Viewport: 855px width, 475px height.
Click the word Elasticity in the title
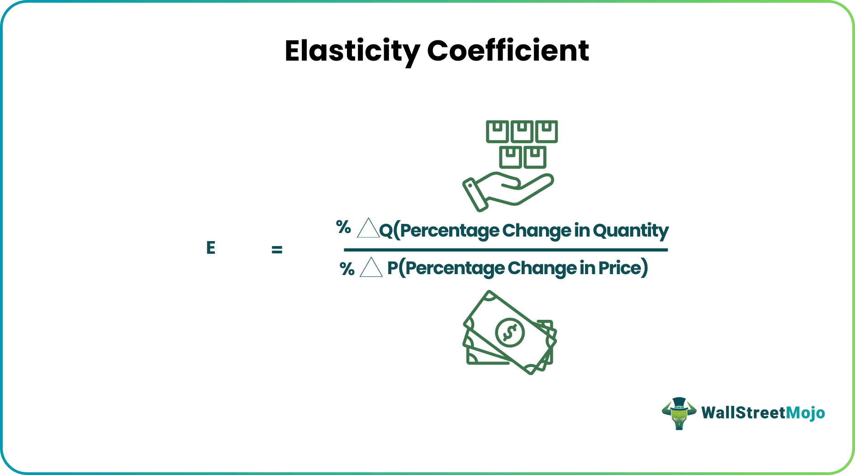352,52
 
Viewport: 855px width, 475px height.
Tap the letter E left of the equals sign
211,248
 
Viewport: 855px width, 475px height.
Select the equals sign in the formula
277,249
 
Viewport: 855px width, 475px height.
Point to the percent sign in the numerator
343,227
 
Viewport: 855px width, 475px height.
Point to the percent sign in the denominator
347,269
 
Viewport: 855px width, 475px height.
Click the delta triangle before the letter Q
368,228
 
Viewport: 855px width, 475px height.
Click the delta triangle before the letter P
371,267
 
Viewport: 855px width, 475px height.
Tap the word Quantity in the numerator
631,231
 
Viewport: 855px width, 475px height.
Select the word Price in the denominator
620,268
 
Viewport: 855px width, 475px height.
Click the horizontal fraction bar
506,250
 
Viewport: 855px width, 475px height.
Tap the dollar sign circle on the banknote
510,332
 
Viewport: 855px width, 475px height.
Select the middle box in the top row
522,132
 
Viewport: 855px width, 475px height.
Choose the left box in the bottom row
510,157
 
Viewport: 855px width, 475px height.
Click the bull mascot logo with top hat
679,413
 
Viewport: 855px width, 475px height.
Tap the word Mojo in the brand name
805,413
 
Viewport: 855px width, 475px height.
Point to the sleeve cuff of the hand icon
475,195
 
